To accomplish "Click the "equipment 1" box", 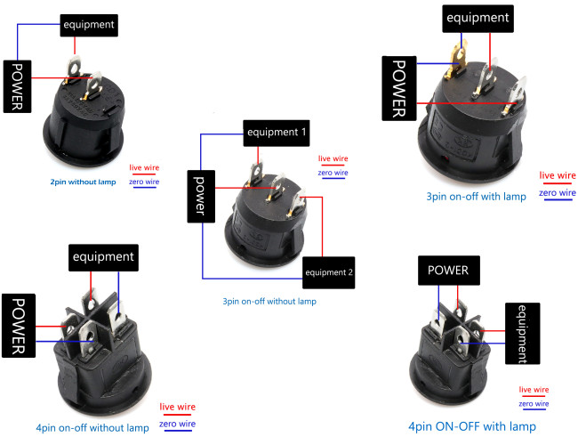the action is (277, 133).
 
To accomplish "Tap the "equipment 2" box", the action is (329, 272).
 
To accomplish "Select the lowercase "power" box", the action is (201, 197).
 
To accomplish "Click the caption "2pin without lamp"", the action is (83, 182).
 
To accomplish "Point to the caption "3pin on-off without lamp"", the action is (269, 302).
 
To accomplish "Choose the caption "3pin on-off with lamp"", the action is (477, 197).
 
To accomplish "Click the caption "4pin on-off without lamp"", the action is (92, 428).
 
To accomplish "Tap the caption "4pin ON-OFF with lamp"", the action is (472, 426).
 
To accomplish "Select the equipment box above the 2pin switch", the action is (89, 26).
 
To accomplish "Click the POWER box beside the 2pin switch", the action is (17, 86).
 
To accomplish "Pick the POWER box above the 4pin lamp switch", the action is (449, 271).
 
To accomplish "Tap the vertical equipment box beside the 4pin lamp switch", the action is (522, 334).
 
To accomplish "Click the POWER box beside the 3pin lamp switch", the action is (399, 88).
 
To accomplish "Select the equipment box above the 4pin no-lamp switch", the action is (103, 257).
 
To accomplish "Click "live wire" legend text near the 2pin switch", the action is (144, 167).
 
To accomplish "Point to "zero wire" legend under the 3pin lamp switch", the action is (558, 192).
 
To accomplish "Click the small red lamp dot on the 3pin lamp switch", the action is (446, 158).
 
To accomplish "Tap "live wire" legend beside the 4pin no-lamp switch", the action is (177, 407).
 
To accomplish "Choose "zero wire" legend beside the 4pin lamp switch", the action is (534, 404).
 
